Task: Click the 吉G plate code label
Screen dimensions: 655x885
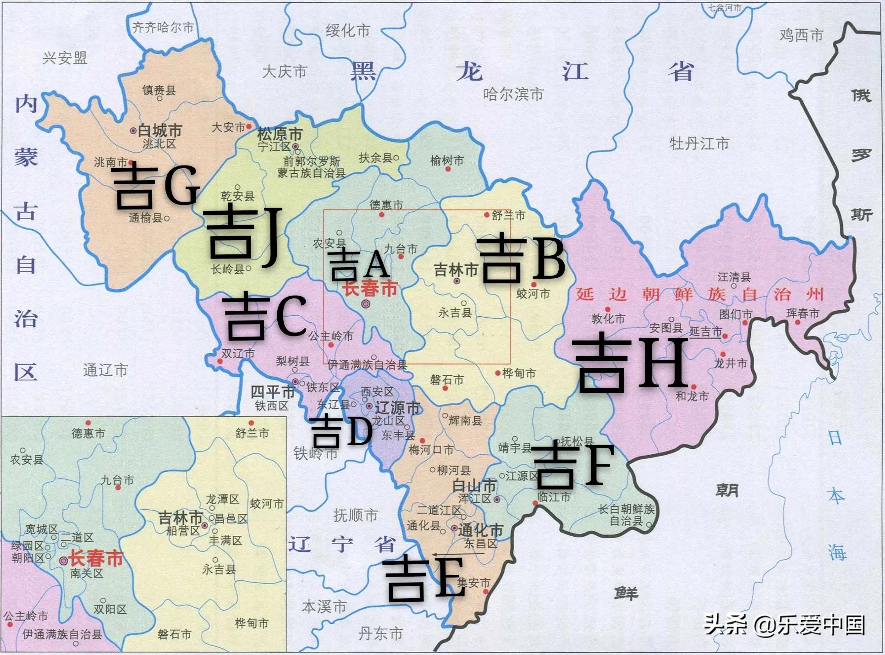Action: tap(156, 186)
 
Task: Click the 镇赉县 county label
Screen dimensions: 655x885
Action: tap(159, 90)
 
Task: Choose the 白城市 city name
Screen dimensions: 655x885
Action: tap(159, 131)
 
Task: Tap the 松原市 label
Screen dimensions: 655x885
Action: tap(280, 134)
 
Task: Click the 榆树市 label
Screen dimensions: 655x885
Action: tap(446, 160)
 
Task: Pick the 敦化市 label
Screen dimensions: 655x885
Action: tap(608, 318)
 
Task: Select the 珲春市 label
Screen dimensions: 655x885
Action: tap(802, 314)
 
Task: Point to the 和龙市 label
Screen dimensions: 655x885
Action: tap(692, 396)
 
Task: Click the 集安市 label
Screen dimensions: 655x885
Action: tap(473, 583)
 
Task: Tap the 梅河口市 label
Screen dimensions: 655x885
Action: tap(430, 450)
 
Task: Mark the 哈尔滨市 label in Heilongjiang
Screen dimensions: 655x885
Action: tap(513, 94)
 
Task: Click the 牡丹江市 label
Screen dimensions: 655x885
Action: tap(699, 144)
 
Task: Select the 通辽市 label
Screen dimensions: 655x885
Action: tap(105, 370)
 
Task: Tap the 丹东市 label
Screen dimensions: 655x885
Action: tap(380, 633)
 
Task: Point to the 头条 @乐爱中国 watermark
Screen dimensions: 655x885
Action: tap(784, 624)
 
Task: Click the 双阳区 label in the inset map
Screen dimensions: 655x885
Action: tap(110, 609)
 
